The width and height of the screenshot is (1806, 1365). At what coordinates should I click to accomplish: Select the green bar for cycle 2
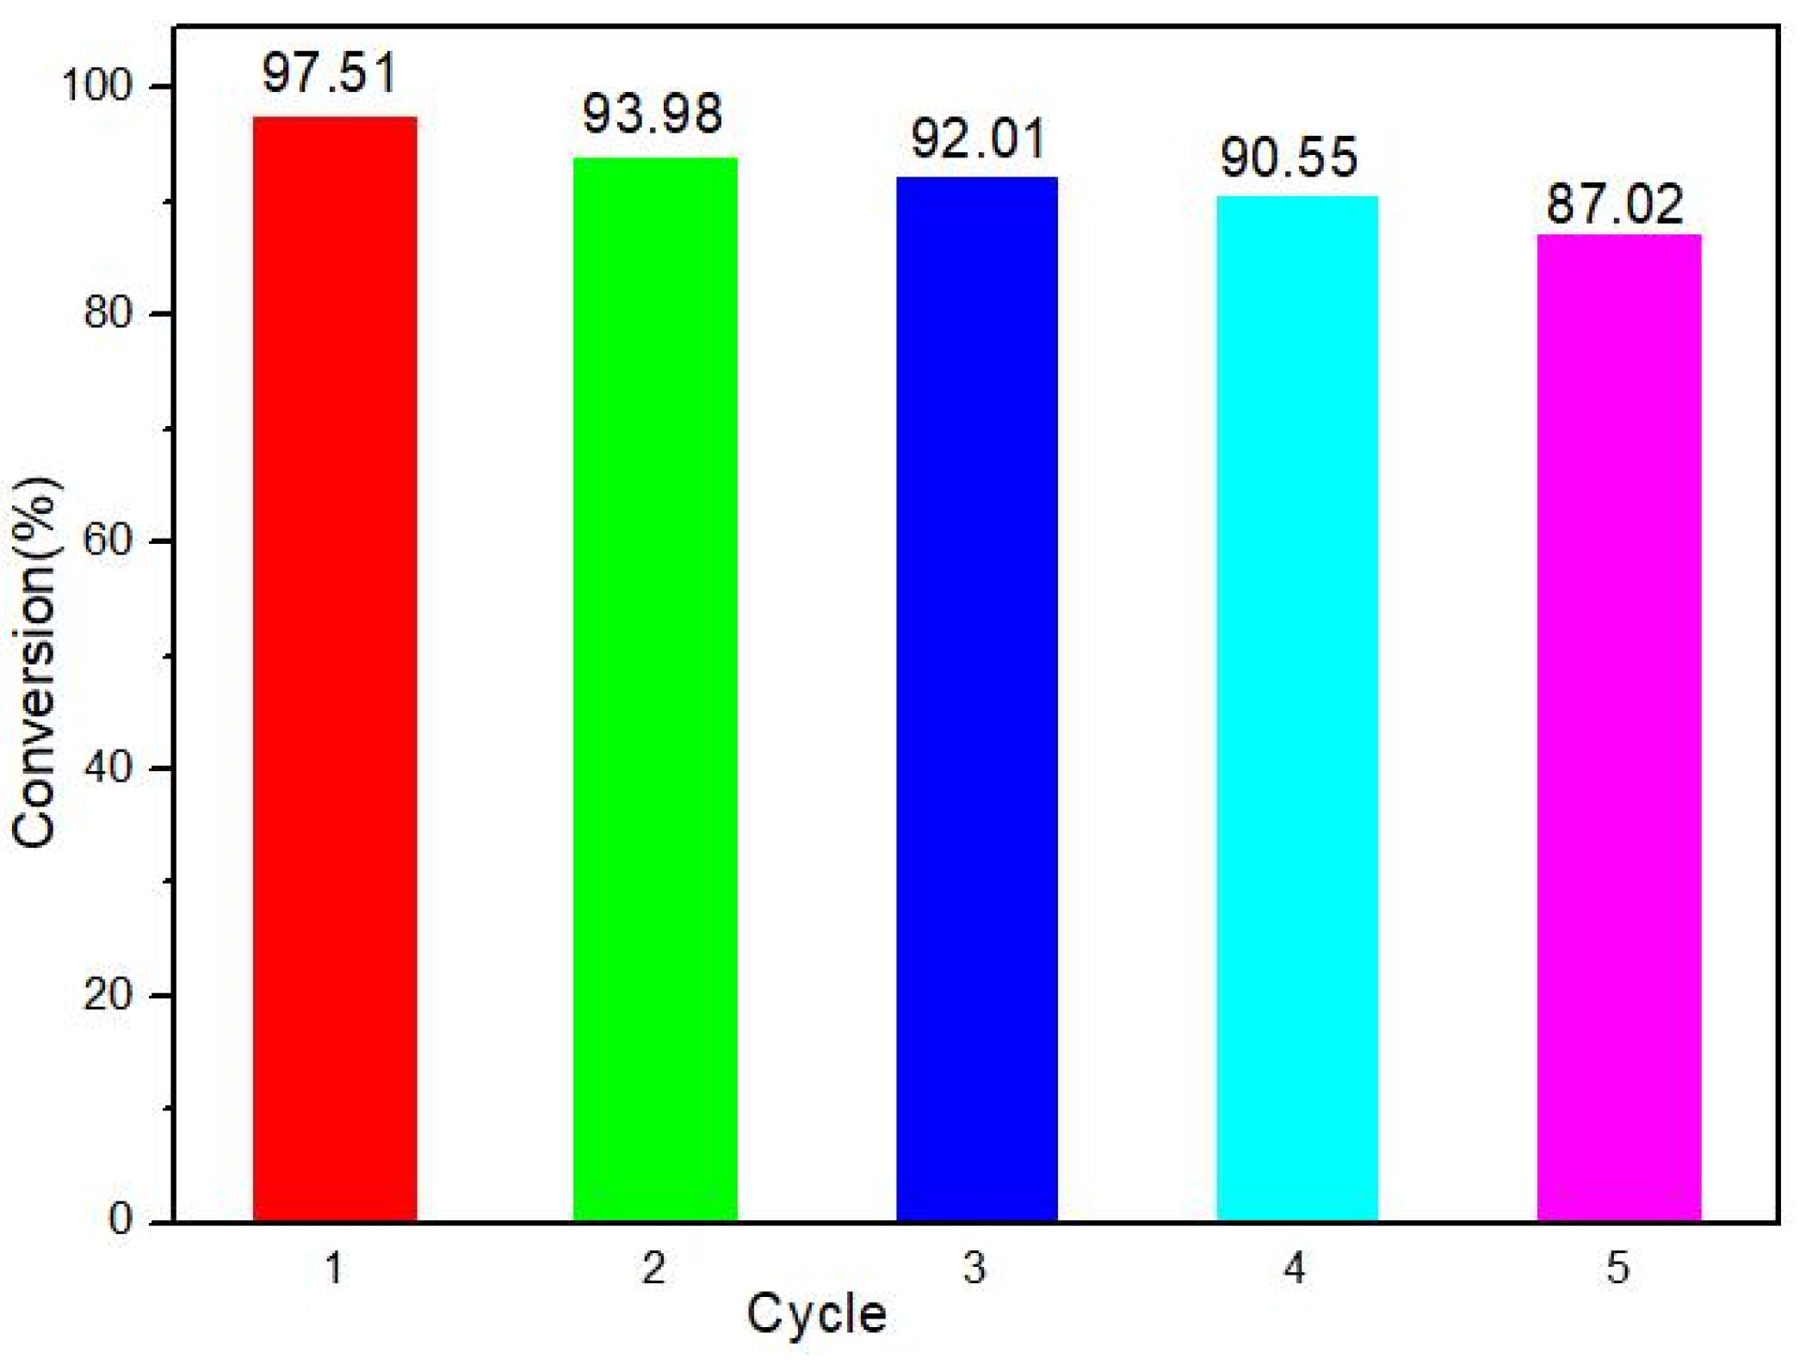pyautogui.click(x=655, y=689)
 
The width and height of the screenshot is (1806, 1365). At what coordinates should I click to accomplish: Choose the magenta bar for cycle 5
pyautogui.click(x=1619, y=727)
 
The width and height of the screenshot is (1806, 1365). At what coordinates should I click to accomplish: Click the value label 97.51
pyautogui.click(x=330, y=74)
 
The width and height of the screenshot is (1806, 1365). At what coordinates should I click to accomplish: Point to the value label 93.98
pyautogui.click(x=652, y=114)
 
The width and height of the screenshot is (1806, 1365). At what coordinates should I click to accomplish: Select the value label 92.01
pyautogui.click(x=979, y=139)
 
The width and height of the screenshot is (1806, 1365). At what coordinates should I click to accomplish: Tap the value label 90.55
pyautogui.click(x=1289, y=158)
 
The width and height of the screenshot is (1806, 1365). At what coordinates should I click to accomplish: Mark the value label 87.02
pyautogui.click(x=1614, y=205)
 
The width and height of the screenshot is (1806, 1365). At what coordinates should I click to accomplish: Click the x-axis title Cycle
pyautogui.click(x=816, y=1313)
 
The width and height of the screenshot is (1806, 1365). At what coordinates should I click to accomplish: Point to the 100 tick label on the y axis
pyautogui.click(x=96, y=86)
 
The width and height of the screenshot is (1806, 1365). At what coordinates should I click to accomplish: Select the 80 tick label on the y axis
pyautogui.click(x=108, y=313)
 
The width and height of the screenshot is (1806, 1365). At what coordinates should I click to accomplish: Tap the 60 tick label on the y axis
pyautogui.click(x=108, y=540)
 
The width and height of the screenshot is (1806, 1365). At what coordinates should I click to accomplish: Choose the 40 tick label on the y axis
pyautogui.click(x=108, y=768)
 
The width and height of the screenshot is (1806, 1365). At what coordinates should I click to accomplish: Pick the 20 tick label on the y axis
pyautogui.click(x=108, y=995)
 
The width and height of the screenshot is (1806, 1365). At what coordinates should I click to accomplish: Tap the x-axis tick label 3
pyautogui.click(x=974, y=1268)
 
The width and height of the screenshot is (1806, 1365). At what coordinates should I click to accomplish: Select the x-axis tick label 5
pyautogui.click(x=1617, y=1268)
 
